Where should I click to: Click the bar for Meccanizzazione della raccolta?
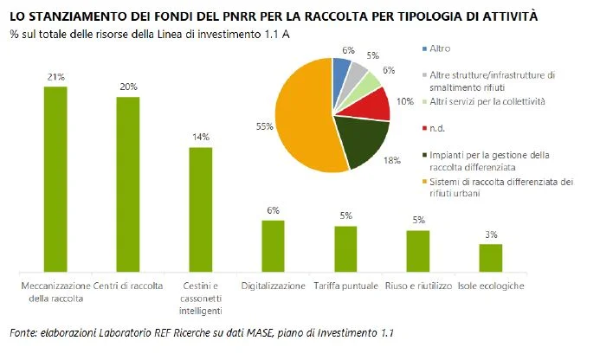tap(55, 179)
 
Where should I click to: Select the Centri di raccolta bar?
tap(128, 184)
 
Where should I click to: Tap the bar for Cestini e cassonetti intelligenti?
tap(201, 209)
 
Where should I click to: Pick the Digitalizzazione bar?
tap(274, 247)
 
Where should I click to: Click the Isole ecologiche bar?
tap(491, 258)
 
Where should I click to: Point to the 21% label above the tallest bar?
tap(56, 77)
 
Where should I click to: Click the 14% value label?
tap(201, 137)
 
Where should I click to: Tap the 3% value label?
tap(491, 235)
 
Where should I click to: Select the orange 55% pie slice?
tap(302, 119)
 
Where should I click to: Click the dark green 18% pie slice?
tap(362, 139)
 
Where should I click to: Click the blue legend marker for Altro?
tap(424, 49)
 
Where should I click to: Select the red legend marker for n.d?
tap(424, 128)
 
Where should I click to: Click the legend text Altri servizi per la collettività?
tap(487, 102)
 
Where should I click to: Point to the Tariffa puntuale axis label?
tap(346, 286)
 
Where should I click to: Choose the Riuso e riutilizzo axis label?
tap(419, 286)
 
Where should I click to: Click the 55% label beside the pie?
tap(264, 126)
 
